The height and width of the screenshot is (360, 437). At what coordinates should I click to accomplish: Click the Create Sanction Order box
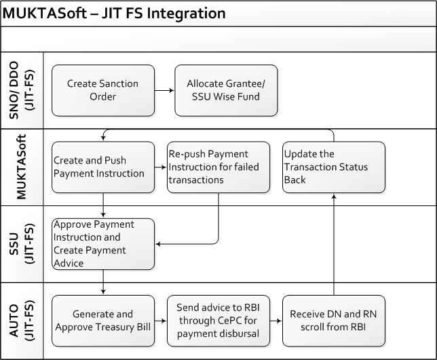(x=103, y=90)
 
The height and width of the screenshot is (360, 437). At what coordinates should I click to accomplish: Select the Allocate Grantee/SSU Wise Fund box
(x=226, y=90)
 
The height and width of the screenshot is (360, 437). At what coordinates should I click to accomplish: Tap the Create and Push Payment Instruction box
(x=103, y=167)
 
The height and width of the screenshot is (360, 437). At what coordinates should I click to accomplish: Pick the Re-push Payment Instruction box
(x=218, y=167)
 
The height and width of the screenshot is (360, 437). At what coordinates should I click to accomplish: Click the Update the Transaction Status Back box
(x=334, y=167)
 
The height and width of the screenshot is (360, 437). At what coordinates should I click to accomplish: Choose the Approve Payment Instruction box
(x=103, y=244)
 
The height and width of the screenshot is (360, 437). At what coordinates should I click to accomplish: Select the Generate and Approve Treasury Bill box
(x=103, y=321)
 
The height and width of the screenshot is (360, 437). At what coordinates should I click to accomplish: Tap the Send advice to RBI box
(x=218, y=321)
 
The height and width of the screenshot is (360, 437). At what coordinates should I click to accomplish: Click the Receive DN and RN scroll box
(x=334, y=321)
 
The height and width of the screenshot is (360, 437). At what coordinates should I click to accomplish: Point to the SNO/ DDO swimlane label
(x=22, y=90)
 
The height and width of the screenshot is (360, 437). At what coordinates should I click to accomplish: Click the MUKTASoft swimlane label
(x=22, y=167)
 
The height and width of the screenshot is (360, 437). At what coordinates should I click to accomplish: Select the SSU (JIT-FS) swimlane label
(x=22, y=244)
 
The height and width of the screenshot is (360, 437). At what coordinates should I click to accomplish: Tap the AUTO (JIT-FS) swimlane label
(x=22, y=321)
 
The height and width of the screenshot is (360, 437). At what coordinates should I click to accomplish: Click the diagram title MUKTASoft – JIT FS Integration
(x=114, y=14)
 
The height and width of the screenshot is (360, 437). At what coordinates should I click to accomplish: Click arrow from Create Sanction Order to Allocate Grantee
(x=164, y=90)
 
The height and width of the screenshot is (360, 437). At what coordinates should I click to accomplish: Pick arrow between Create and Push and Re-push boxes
(x=161, y=167)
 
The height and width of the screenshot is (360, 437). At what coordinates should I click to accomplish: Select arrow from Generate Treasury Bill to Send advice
(x=161, y=321)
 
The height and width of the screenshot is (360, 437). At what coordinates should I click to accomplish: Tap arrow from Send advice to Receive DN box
(x=276, y=321)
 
